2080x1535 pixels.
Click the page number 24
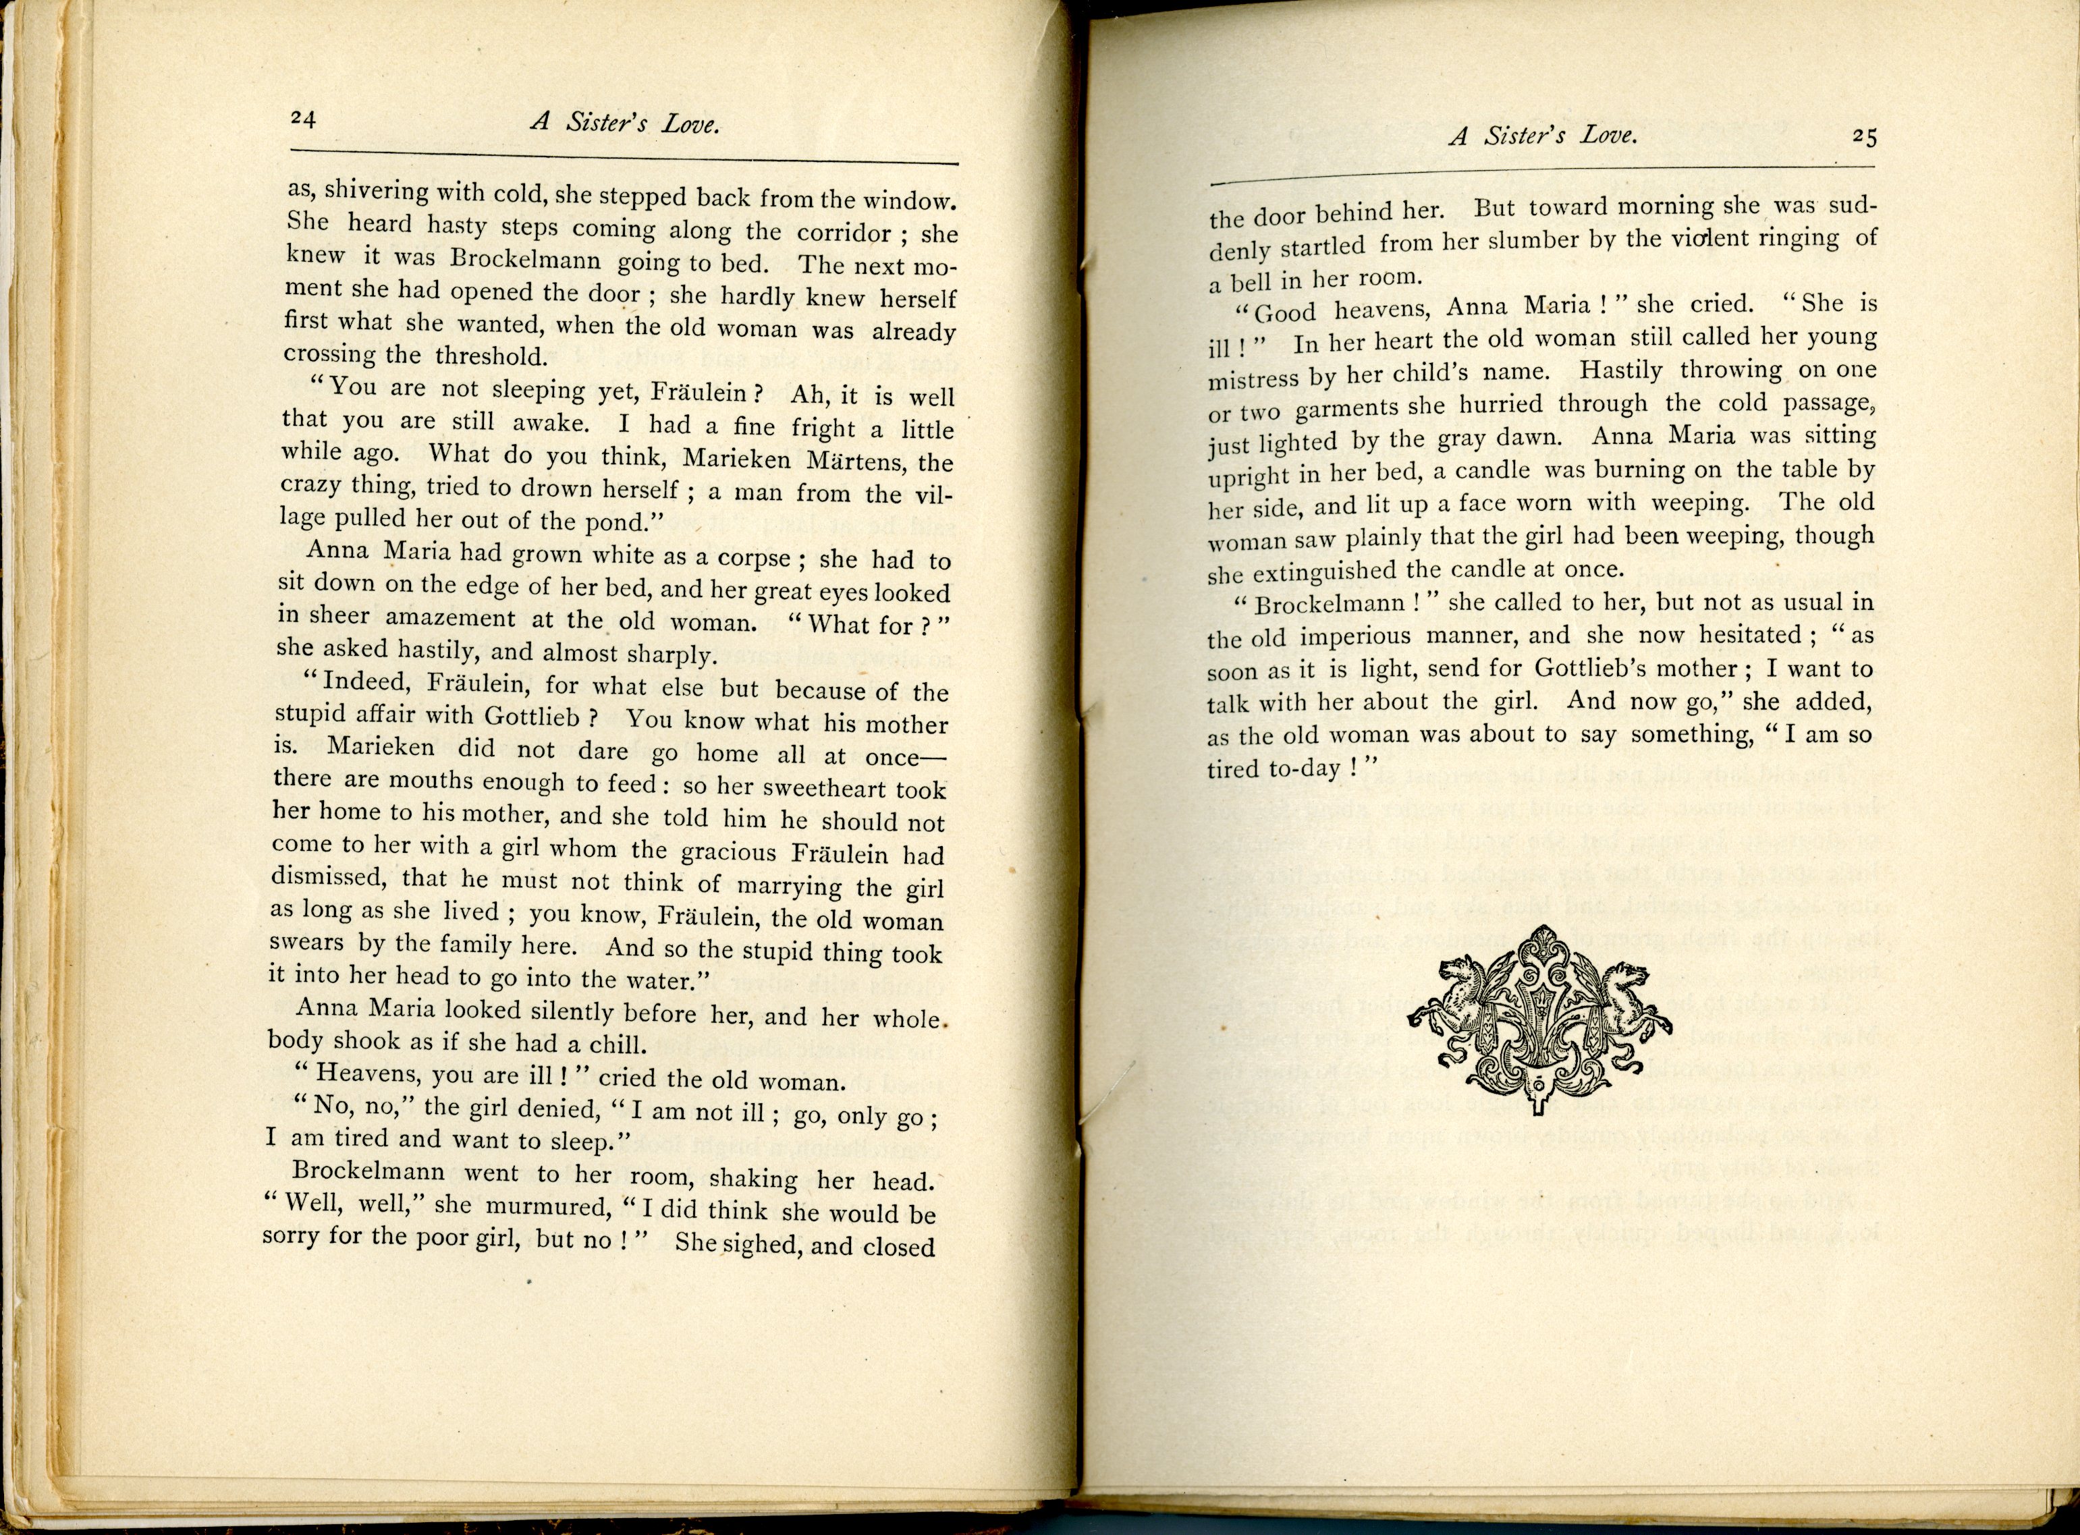click(x=304, y=118)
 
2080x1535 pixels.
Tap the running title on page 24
click(x=624, y=123)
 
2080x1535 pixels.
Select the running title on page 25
click(x=1542, y=136)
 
